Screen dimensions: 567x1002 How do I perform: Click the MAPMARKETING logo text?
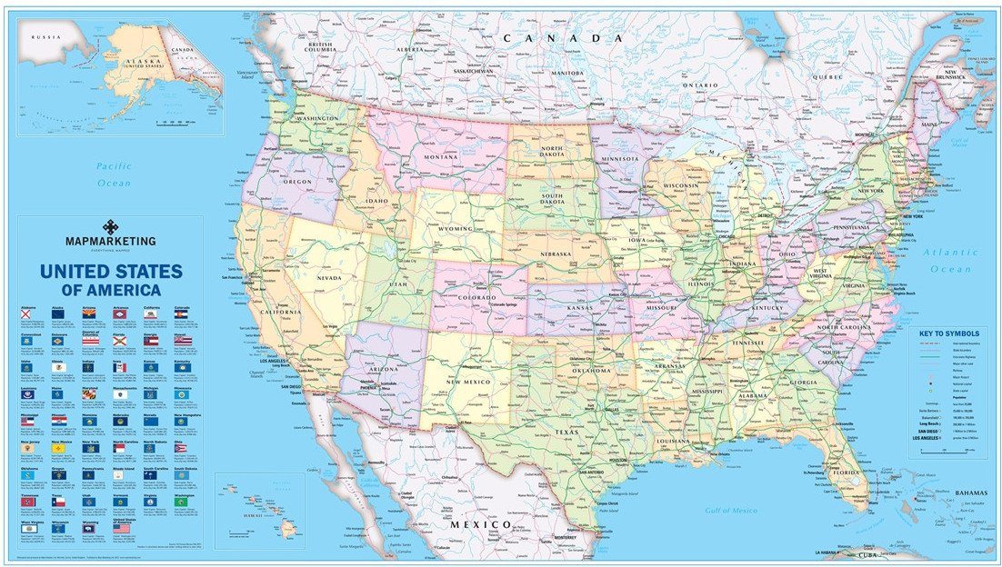tap(109, 241)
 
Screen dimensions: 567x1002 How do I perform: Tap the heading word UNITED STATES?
tap(110, 271)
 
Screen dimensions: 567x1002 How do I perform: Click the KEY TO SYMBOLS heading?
tap(948, 333)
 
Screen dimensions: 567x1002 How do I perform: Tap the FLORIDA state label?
tap(845, 472)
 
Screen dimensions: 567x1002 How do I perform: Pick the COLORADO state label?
tap(477, 297)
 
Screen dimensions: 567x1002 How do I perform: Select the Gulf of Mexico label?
tap(730, 511)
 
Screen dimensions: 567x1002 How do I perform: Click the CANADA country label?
tap(564, 38)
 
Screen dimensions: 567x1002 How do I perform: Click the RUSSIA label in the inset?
tap(45, 36)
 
